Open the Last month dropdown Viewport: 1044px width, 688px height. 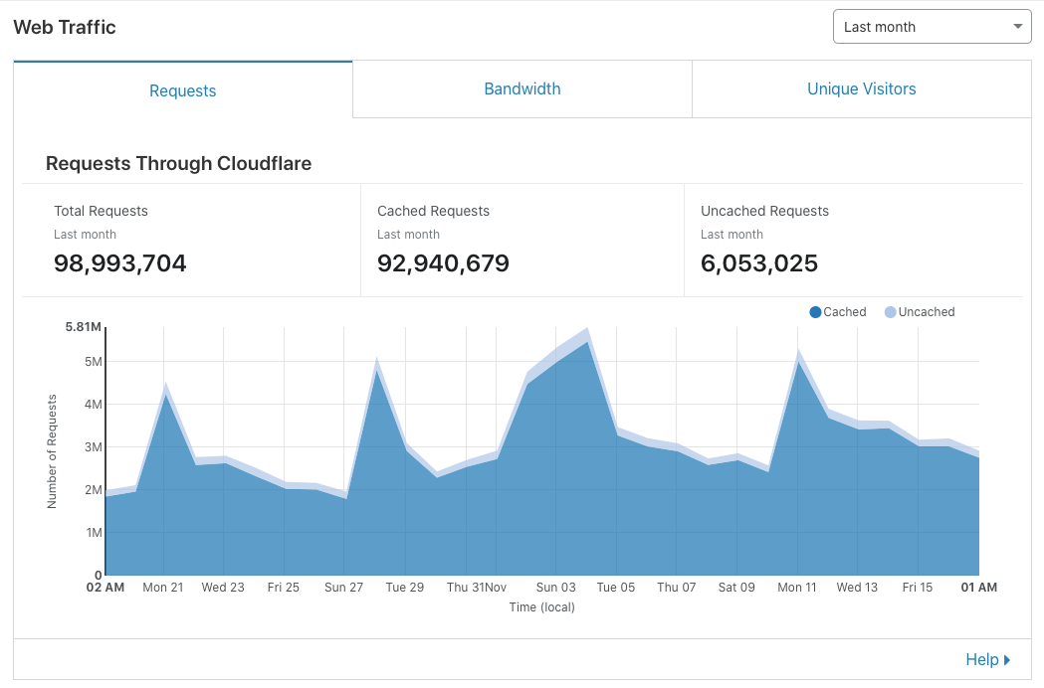click(932, 27)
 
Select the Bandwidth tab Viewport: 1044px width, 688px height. click(522, 89)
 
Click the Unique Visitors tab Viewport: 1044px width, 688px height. click(861, 89)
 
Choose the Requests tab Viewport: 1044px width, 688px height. click(182, 90)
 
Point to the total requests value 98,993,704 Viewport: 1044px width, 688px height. click(119, 263)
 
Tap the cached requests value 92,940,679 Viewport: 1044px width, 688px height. click(443, 263)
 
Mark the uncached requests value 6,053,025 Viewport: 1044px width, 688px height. click(759, 263)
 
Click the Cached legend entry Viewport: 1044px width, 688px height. click(838, 312)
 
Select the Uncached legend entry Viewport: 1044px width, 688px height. click(920, 312)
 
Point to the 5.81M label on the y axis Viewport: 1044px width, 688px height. click(84, 327)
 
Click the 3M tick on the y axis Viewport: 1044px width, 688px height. click(93, 447)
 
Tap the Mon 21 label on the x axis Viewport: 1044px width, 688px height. click(163, 588)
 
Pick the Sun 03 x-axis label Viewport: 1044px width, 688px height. click(555, 588)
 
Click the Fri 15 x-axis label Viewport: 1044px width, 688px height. click(918, 588)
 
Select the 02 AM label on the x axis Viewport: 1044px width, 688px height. click(105, 588)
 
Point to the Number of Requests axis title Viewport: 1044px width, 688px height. click(52, 451)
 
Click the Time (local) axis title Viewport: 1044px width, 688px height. click(541, 606)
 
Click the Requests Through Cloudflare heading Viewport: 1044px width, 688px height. click(178, 164)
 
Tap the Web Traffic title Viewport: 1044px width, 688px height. click(65, 28)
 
